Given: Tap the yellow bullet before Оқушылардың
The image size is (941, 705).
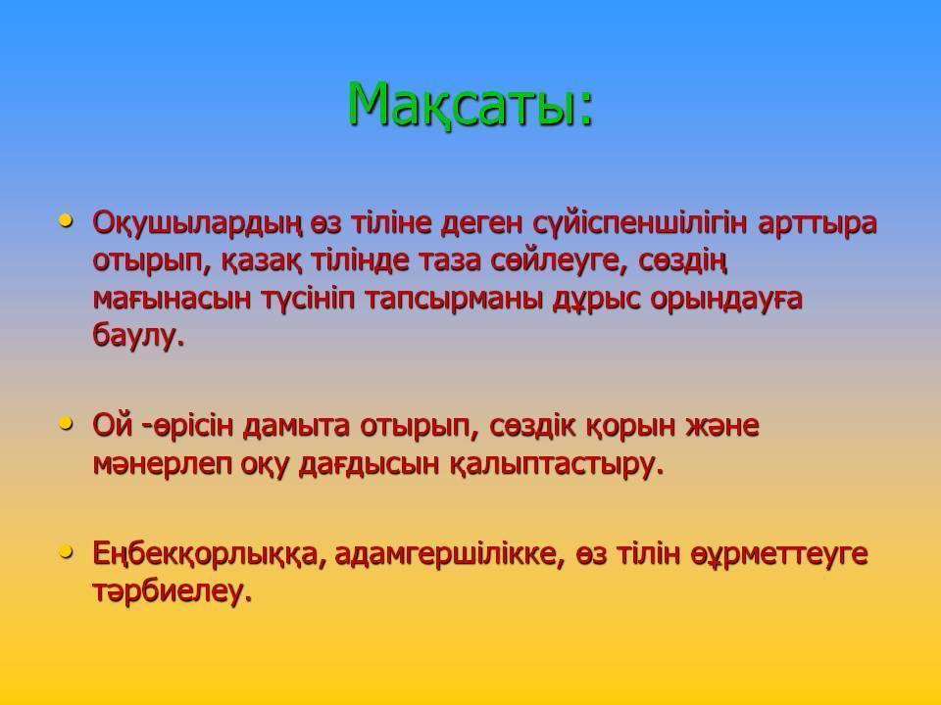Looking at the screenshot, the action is pos(66,220).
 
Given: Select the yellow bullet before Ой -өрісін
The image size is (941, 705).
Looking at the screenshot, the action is pos(66,423).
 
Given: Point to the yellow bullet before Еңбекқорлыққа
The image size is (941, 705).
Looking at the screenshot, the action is pos(66,551).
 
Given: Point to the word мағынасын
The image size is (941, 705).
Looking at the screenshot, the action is pos(171,300).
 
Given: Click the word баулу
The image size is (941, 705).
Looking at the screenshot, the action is pos(138,335).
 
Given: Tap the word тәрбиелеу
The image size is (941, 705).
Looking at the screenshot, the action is pos(172,591).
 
